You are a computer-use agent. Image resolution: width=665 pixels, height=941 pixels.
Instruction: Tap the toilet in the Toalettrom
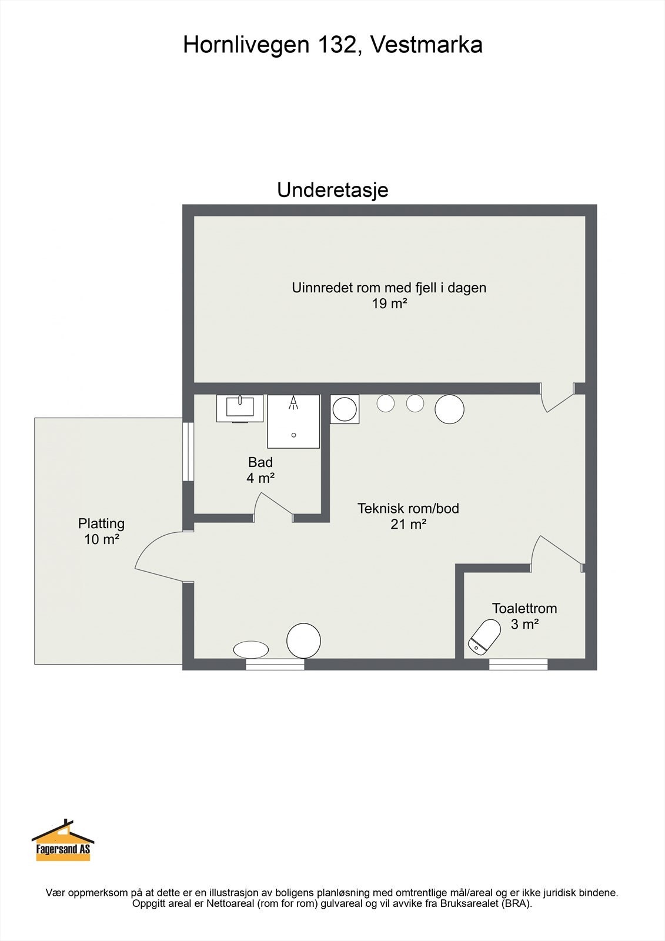pos(484,636)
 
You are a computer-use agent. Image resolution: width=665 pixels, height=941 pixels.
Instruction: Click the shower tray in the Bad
pos(293,421)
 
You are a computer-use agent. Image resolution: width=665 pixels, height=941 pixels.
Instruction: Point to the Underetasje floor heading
pos(332,191)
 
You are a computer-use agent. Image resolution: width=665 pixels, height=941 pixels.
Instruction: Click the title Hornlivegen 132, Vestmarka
pos(332,45)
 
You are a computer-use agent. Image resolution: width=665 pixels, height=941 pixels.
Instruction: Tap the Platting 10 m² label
pos(102,531)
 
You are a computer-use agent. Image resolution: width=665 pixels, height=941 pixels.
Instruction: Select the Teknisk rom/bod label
pos(408,508)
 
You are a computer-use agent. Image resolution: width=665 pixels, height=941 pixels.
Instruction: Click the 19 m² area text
pos(389,304)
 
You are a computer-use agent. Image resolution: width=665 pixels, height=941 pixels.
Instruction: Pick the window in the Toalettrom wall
pos(518,665)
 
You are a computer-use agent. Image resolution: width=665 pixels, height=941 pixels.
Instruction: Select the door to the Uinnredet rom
pos(556,398)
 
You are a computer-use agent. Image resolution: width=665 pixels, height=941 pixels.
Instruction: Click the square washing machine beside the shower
pos(345,409)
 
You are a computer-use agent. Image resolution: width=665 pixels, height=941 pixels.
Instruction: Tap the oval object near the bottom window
pos(251,649)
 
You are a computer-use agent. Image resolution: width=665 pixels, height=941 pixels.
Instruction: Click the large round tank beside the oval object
pos(303,640)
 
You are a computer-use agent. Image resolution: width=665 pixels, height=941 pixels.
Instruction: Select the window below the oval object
pos(275,665)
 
